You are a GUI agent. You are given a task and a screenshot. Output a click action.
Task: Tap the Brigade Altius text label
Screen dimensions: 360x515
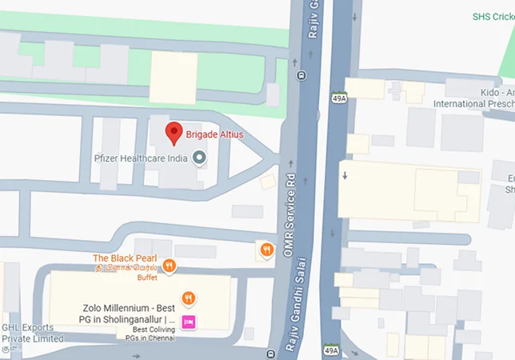tap(215, 134)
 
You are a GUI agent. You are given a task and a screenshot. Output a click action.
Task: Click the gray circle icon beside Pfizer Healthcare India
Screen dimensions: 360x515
tap(199, 157)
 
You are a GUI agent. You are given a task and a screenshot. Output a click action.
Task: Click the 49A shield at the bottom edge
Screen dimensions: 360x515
tap(332, 350)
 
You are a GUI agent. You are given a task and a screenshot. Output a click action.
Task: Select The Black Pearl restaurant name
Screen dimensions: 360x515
tap(125, 258)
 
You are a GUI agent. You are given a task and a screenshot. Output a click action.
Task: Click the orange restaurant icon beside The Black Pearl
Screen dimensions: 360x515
tap(168, 266)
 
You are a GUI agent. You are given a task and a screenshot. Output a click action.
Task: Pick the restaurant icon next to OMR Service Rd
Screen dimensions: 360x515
tap(266, 250)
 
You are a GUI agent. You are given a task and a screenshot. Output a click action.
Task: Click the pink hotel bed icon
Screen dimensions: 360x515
tap(189, 322)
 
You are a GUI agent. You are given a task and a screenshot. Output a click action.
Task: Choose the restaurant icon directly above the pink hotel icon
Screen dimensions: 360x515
tap(188, 298)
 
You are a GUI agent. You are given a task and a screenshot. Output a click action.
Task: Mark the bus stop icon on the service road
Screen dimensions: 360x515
tap(301, 76)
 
